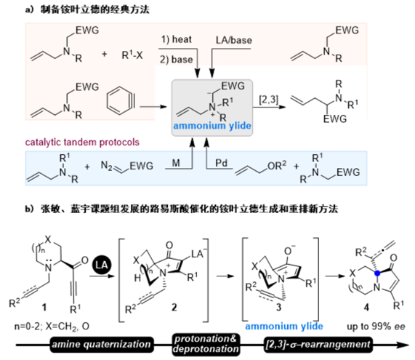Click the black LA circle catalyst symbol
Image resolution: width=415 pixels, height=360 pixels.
102,265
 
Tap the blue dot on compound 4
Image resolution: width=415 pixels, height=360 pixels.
377,273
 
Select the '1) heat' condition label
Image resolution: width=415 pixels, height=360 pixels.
177,39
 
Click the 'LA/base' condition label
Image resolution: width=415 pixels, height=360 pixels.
234,40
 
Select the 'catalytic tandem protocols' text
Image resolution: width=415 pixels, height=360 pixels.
82,143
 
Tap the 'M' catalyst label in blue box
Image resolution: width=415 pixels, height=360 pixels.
176,163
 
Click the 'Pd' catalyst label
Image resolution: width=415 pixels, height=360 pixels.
221,163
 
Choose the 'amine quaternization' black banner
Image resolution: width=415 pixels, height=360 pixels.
101,345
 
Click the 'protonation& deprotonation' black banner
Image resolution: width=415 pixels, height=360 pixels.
206,344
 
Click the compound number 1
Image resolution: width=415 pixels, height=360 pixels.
44,308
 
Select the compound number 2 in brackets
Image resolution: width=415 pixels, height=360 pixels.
174,308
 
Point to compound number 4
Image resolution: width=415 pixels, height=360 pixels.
366,308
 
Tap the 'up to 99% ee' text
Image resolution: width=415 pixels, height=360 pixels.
376,327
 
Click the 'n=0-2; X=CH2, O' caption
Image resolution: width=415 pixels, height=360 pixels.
52,327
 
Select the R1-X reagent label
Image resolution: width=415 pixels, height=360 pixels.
132,55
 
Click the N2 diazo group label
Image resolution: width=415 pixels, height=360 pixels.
107,166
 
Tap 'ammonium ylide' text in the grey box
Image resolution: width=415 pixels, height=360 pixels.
212,126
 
